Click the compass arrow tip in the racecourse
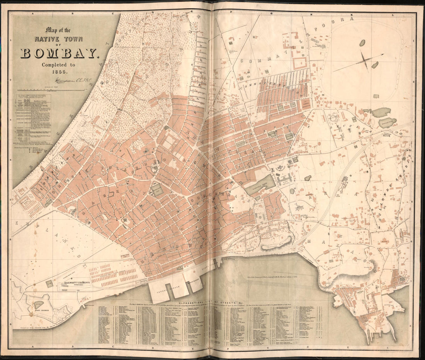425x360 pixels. coord(382,54)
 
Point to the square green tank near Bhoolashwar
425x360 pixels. coord(157,189)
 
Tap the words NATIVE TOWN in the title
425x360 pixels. coord(57,39)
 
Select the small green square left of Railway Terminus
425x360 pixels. coord(49,284)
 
